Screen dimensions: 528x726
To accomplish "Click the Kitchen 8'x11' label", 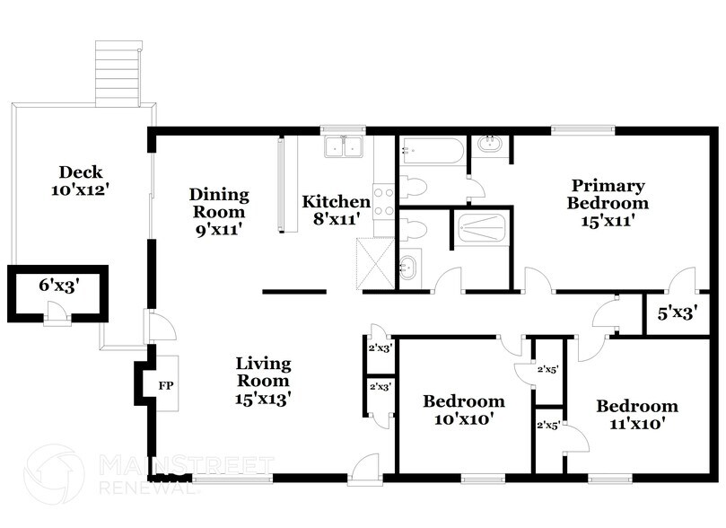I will click(x=336, y=209).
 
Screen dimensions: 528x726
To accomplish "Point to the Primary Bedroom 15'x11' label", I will click(x=608, y=203).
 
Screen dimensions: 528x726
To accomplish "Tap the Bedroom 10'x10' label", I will click(x=464, y=409).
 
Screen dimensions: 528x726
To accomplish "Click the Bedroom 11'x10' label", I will click(x=637, y=414).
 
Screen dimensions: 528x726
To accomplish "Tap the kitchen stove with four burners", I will click(x=384, y=201).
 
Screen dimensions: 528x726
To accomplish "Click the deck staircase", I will click(x=119, y=72).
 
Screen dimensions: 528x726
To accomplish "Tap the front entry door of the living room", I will click(x=366, y=469).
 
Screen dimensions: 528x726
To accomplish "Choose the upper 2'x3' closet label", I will click(x=379, y=348).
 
